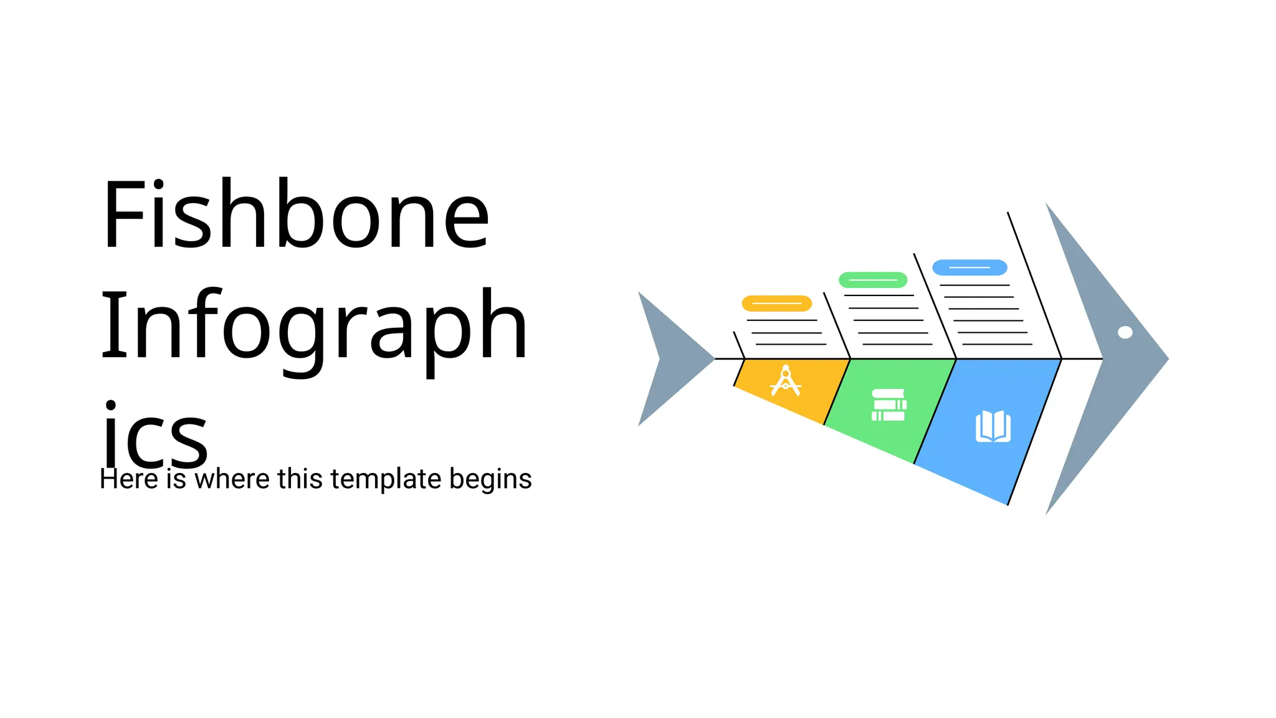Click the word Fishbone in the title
pyautogui.click(x=296, y=215)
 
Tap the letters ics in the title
pyautogui.click(x=154, y=436)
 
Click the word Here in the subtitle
pyautogui.click(x=128, y=479)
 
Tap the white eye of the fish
pyautogui.click(x=1125, y=332)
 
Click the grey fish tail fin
pyautogui.click(x=667, y=359)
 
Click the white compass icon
pyautogui.click(x=785, y=381)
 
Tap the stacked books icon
pyautogui.click(x=888, y=405)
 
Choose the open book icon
pyautogui.click(x=993, y=427)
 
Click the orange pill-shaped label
pyautogui.click(x=776, y=304)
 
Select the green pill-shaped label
pyautogui.click(x=873, y=280)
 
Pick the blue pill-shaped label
pyautogui.click(x=969, y=267)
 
